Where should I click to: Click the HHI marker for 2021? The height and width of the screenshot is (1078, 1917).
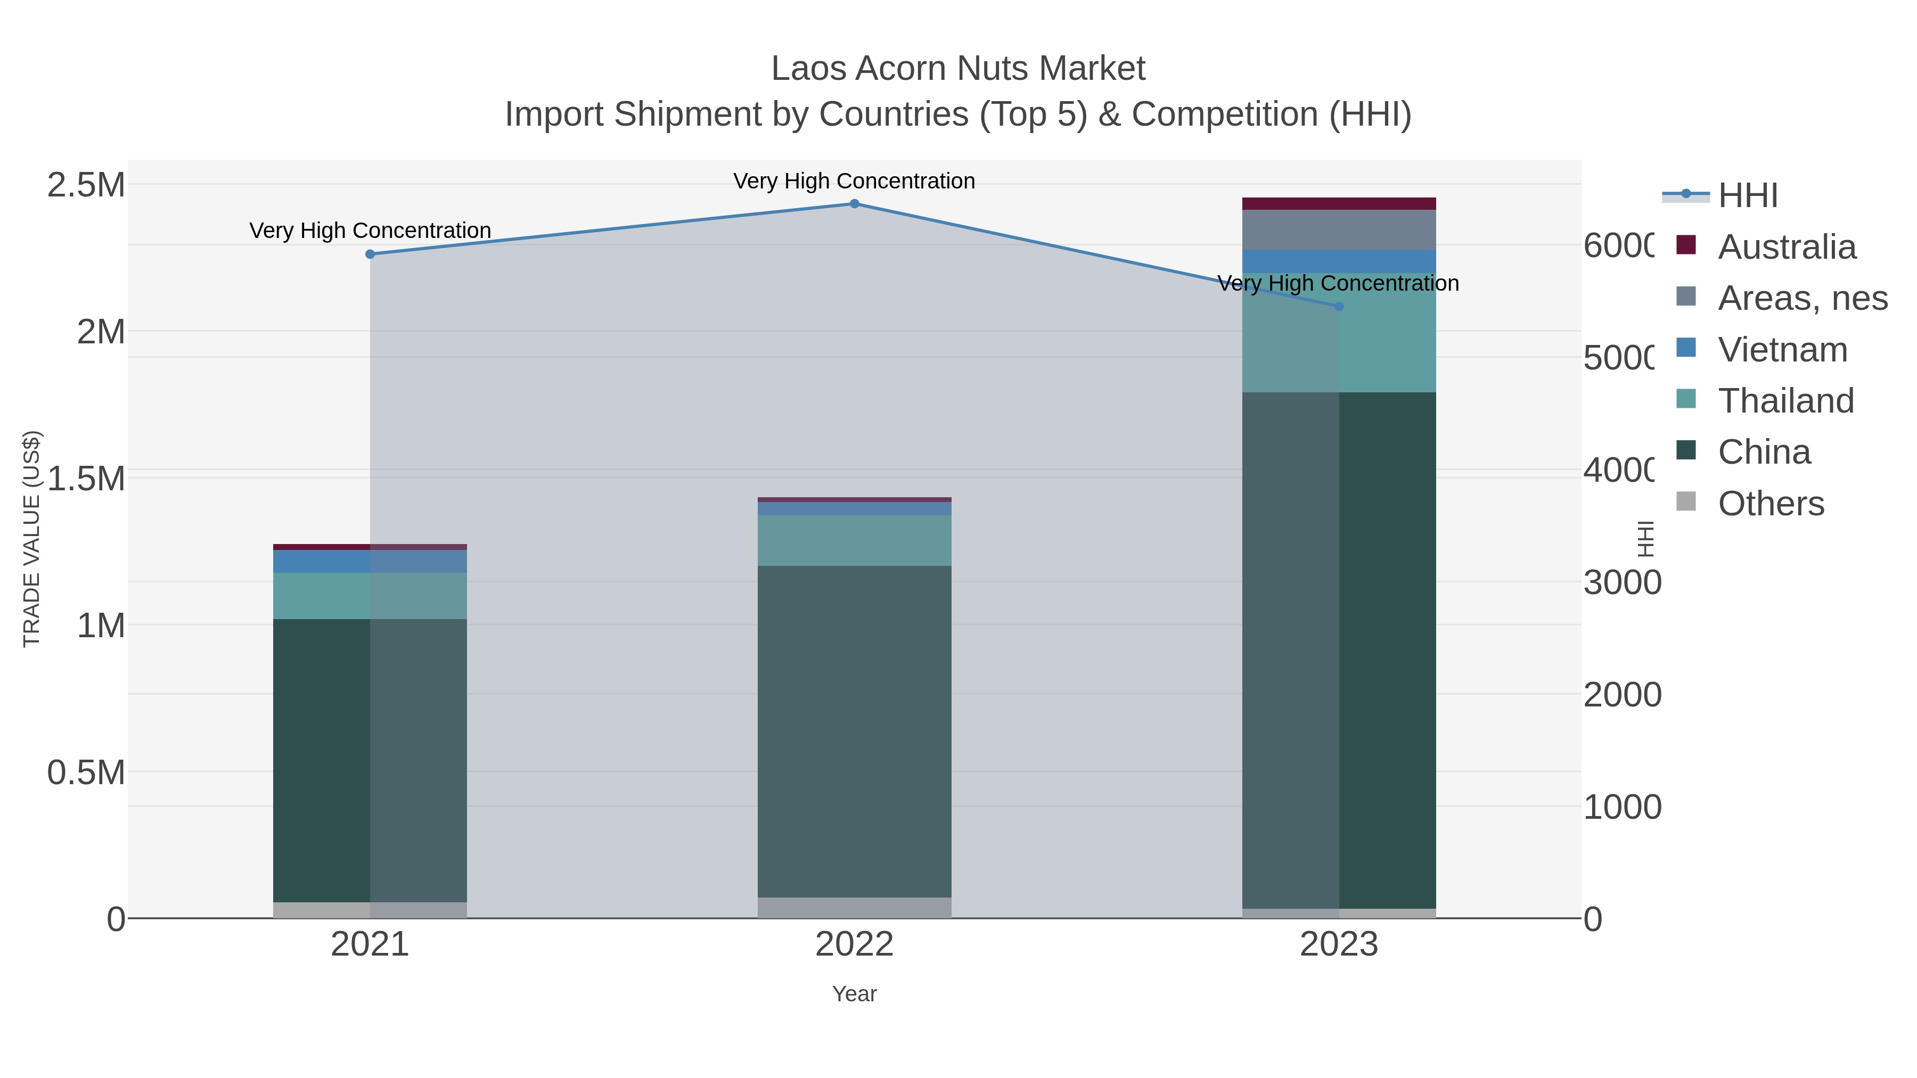coord(370,254)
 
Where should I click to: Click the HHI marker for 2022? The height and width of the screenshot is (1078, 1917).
coord(854,204)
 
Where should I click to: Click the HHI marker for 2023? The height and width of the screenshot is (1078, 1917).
coord(1339,307)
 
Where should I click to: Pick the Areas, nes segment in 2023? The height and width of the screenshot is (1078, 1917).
coord(1339,230)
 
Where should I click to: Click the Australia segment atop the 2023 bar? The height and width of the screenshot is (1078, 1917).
coord(1339,204)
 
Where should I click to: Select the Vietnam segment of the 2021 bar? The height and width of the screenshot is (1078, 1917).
coord(370,561)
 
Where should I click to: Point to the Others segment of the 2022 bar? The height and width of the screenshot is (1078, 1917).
coord(854,908)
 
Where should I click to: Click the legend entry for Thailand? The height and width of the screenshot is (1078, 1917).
coord(1785,401)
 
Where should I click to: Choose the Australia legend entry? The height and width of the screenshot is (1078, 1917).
coord(1786,247)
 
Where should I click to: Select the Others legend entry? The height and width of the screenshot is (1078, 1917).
coord(1771,504)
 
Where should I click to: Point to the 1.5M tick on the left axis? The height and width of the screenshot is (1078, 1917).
coord(86,479)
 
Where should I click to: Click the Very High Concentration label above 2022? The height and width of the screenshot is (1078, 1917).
coord(854,182)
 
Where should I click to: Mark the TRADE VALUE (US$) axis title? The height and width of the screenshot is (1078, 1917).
coord(31,539)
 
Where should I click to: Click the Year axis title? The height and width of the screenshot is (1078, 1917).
coord(854,994)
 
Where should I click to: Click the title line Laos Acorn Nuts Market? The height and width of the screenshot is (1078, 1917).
coord(958,69)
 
